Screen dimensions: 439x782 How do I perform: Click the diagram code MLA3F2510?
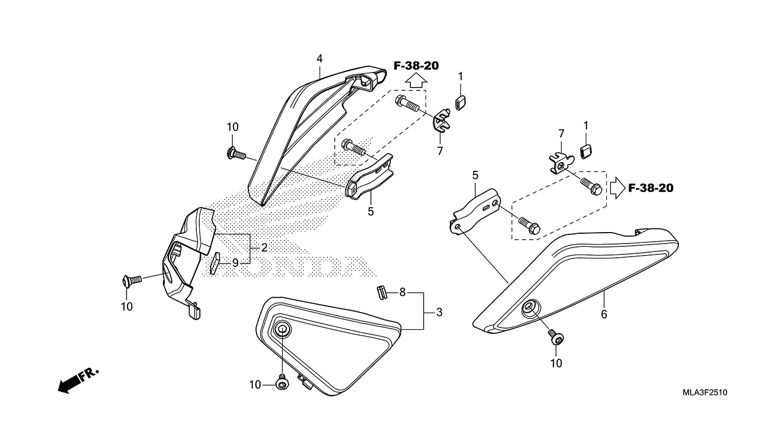point(704,393)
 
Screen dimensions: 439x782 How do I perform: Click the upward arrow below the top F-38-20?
point(416,81)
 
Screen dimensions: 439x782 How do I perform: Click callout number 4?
point(319,58)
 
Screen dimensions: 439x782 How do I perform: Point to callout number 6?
point(604,314)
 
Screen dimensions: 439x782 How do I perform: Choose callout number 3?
point(439,312)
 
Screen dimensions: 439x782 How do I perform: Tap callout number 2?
point(264,248)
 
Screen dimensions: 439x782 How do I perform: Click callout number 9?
point(235,263)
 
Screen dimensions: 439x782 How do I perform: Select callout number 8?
point(402,292)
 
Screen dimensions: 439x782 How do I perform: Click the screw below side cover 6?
point(555,337)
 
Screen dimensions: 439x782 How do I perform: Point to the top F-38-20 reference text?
point(416,66)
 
